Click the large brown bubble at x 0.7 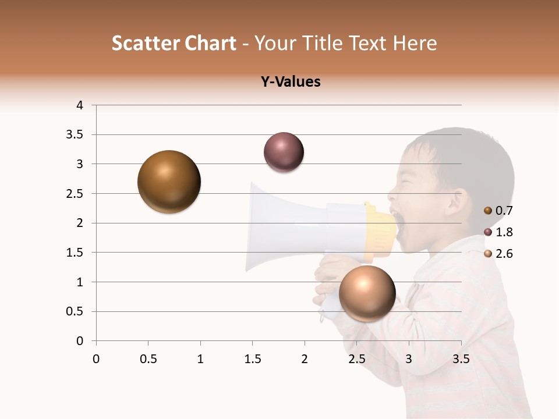pyautogui.click(x=169, y=182)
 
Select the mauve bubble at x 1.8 pyautogui.click(x=284, y=152)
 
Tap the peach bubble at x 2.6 pyautogui.click(x=367, y=293)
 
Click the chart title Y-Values pyautogui.click(x=291, y=82)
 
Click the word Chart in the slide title pyautogui.click(x=210, y=43)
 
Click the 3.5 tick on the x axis pyautogui.click(x=461, y=359)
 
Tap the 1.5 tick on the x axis pyautogui.click(x=252, y=359)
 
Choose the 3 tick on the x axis pyautogui.click(x=409, y=359)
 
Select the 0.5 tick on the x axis pyautogui.click(x=148, y=359)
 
